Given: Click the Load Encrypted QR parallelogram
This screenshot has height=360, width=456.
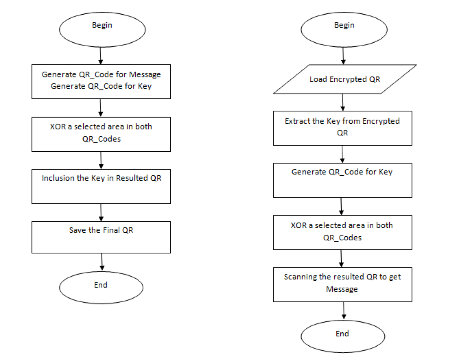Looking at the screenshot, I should [x=345, y=80].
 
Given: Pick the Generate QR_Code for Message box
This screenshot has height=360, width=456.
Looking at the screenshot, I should [x=101, y=81].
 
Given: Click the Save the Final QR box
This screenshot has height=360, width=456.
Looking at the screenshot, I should [x=101, y=237].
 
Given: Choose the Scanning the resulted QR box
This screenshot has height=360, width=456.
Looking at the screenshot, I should [x=342, y=283].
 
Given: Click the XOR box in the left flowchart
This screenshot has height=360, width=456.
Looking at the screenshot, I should [x=101, y=133].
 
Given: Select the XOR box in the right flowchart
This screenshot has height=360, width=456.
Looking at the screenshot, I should [x=342, y=232].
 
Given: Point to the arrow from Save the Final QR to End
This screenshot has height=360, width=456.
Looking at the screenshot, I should [x=102, y=262].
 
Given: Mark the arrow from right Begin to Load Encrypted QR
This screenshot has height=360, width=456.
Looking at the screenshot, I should [x=343, y=55].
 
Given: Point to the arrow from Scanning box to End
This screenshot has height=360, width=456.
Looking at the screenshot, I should [x=343, y=310].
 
